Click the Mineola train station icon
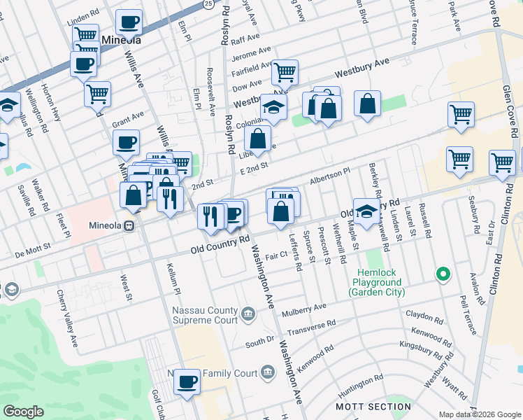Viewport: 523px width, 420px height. click(129, 226)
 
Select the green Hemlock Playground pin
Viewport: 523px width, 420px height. click(442, 274)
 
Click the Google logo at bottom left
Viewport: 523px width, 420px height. click(23, 412)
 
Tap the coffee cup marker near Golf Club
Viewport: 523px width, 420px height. click(187, 381)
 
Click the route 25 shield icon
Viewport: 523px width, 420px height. click(208, 4)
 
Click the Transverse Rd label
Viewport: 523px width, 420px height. click(311, 327)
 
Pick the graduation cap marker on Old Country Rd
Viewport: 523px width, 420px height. click(366, 211)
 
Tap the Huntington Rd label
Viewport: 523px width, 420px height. click(359, 382)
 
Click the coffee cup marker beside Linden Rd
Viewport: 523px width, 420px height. click(128, 22)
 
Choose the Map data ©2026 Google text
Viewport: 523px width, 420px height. click(478, 414)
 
